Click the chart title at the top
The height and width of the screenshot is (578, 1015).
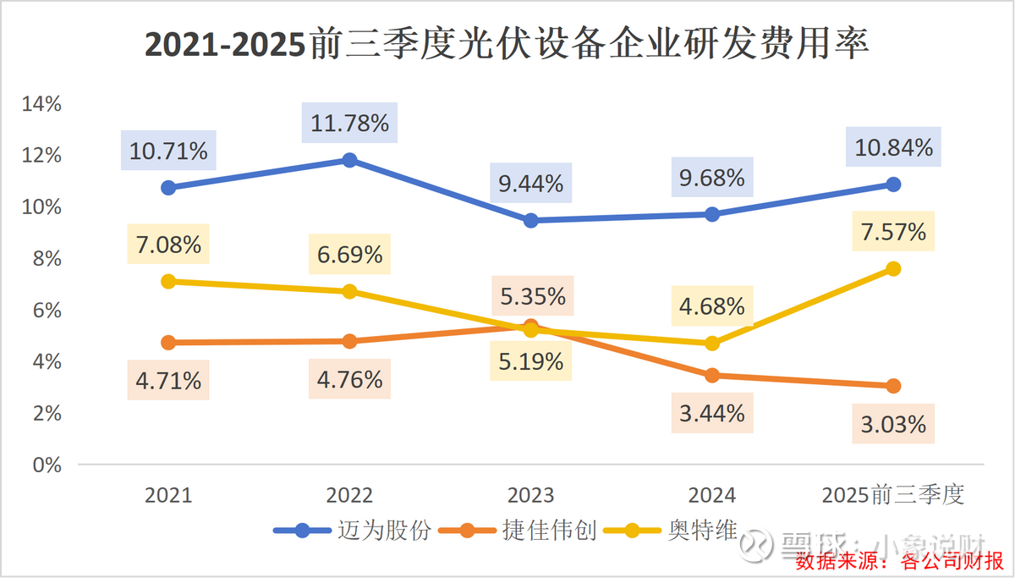pos(507,44)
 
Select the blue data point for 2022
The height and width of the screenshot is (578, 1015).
pos(349,160)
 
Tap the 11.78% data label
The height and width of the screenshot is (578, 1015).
pos(349,124)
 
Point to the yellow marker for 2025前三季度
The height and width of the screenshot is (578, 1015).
pos(893,268)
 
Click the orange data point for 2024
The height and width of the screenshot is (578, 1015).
pos(712,375)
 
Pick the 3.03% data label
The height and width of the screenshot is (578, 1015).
pos(894,423)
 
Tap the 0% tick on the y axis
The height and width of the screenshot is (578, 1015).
pos(47,465)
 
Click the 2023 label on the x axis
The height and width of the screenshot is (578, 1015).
pos(530,495)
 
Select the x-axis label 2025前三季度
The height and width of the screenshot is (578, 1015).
pos(893,495)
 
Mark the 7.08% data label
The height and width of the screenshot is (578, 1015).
pos(168,245)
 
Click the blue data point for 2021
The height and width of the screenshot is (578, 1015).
pos(168,187)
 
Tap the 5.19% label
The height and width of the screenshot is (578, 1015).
pos(530,362)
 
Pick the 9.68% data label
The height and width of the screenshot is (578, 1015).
pos(712,178)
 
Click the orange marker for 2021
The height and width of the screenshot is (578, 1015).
pos(168,343)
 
